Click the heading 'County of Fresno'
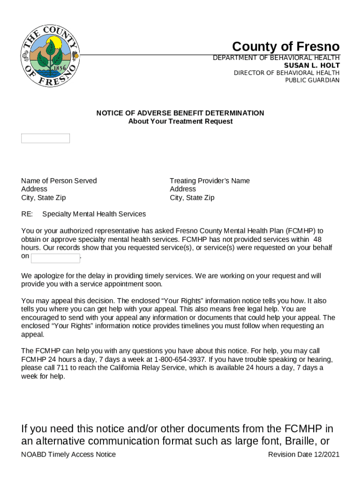286,47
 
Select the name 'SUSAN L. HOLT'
312,65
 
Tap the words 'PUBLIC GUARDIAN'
312,80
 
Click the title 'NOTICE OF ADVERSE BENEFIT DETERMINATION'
180,113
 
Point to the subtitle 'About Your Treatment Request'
180,121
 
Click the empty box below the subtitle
45,138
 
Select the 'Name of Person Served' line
59,181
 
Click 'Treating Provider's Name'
210,181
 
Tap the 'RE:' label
27,214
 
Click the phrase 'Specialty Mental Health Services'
94,214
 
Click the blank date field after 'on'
55,258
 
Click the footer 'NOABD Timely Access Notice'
68,454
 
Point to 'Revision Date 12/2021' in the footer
303,454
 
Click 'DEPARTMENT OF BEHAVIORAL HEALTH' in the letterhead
276,58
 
